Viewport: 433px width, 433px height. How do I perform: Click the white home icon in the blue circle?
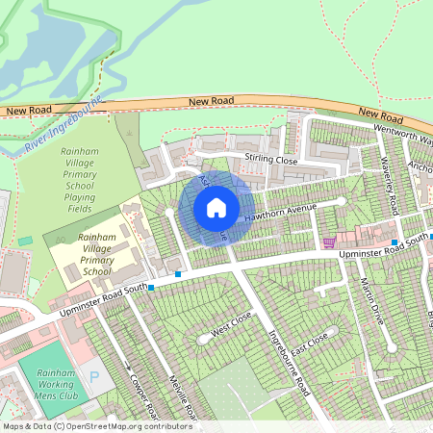[216, 207]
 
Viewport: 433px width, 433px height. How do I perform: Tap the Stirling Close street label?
[271, 159]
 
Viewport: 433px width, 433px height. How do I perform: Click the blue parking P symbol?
[93, 377]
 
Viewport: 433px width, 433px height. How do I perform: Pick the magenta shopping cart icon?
[329, 242]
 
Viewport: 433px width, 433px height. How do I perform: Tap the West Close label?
[231, 323]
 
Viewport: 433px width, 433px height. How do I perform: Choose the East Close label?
[310, 344]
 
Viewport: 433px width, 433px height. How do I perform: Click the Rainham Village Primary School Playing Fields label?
[90, 174]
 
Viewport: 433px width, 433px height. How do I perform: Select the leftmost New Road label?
[28, 111]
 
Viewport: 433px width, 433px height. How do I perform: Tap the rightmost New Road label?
[379, 115]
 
